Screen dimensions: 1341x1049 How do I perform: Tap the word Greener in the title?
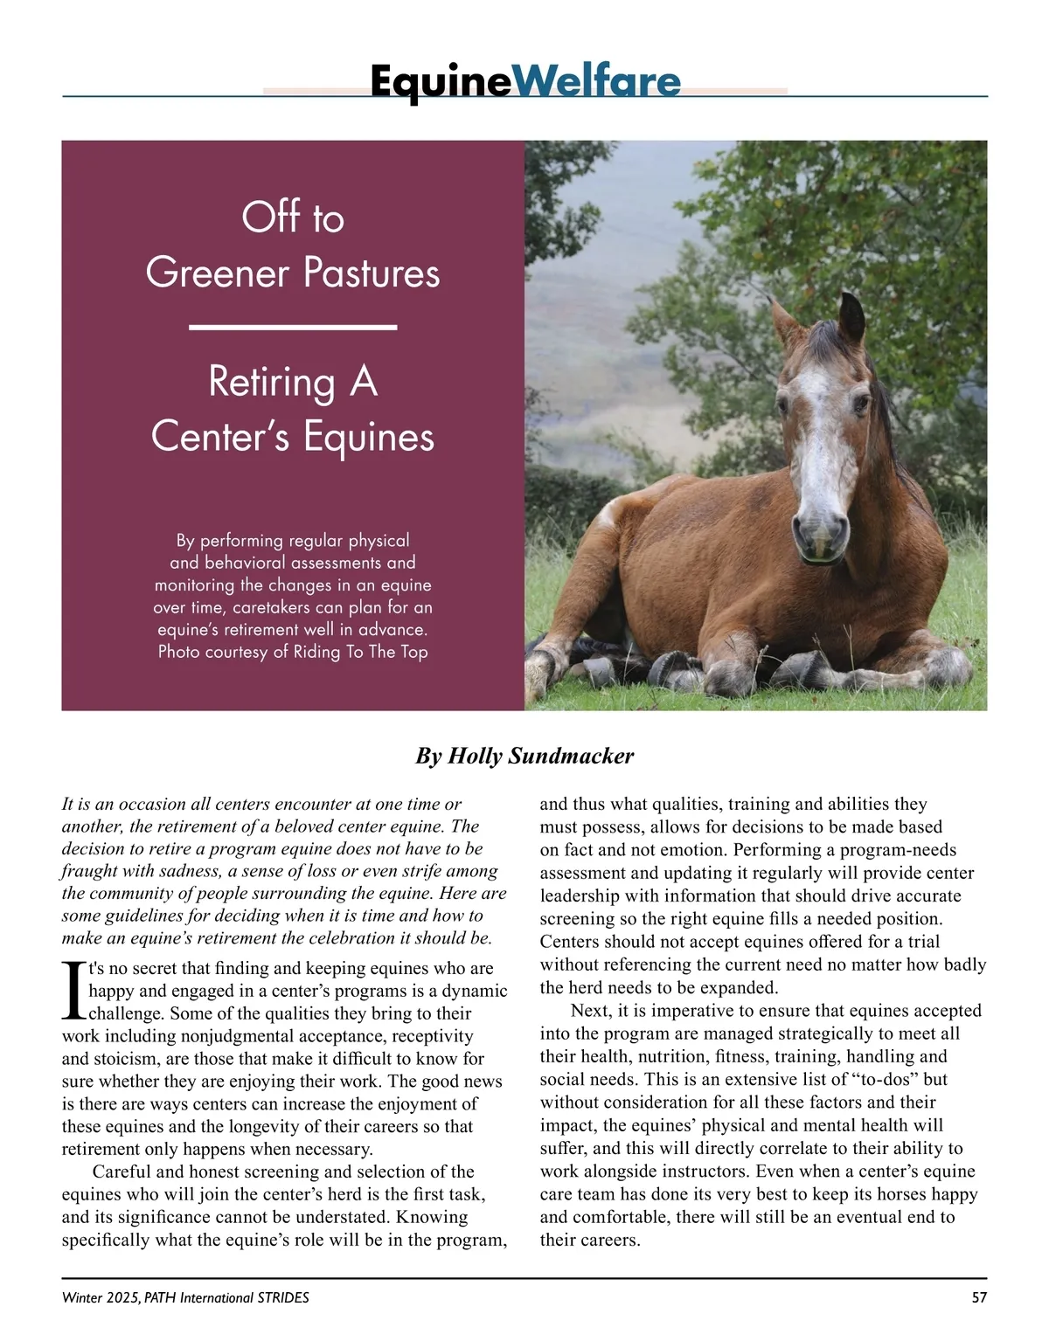217,273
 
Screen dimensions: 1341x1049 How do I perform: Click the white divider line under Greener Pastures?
293,327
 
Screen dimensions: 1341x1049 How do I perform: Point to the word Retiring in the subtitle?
272,382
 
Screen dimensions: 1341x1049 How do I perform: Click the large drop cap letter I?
73,991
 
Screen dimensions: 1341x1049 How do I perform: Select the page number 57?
979,1297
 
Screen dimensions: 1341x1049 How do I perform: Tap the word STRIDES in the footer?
282,1297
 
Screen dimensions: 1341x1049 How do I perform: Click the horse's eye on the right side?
860,404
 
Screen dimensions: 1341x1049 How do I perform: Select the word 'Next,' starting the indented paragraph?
592,1011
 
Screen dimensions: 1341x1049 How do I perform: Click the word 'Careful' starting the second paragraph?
122,1172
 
